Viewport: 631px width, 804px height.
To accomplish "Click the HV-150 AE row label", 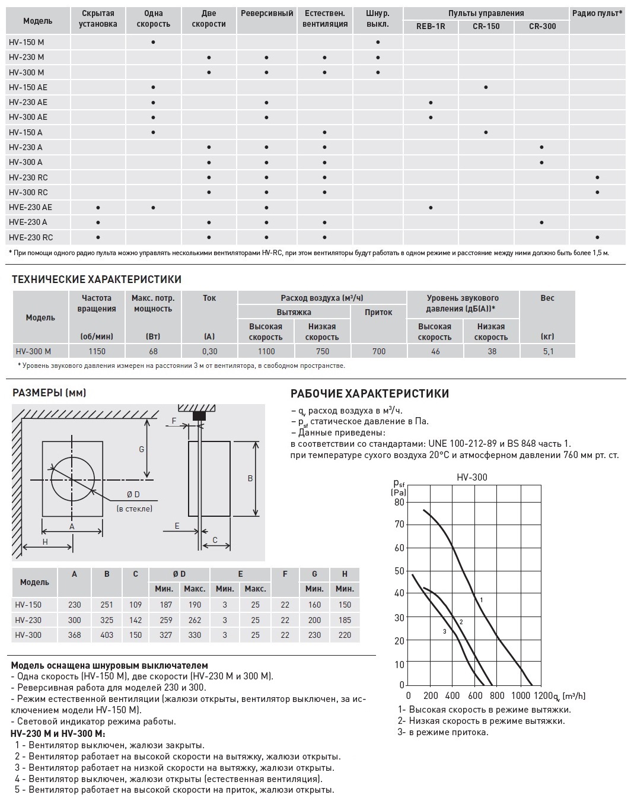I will coord(28,87).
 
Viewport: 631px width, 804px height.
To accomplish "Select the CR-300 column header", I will coord(541,26).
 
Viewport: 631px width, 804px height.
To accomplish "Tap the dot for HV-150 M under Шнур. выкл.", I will coord(378,42).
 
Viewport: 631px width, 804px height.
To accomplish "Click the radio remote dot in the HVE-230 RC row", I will coord(597,237).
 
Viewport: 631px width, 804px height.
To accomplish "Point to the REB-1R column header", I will coord(431,26).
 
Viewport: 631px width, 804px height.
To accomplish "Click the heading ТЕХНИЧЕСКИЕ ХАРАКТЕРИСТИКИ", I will coord(97,279).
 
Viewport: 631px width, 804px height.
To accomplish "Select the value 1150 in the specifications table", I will coord(97,351).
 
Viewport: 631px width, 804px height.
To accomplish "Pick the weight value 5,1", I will coord(547,351).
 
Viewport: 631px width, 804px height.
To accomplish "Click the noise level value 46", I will coord(435,351).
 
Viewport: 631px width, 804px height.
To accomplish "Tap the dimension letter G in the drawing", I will coord(142,449).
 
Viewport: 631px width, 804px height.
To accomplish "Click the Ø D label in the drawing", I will coord(133,495).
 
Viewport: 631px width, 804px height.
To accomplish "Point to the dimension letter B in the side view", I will coord(250,478).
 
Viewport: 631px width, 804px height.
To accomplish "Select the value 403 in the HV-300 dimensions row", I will coord(107,635).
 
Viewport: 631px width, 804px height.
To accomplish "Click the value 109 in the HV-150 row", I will coord(136,605).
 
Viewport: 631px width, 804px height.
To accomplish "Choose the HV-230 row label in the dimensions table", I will coord(28,620).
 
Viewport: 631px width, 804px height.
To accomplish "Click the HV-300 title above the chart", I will coord(472,477).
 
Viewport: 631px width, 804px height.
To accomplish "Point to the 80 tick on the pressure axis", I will coord(399,502).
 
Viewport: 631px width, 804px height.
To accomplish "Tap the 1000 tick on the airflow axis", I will coord(521,695).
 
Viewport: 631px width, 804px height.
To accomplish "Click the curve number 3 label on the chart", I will coord(444,631).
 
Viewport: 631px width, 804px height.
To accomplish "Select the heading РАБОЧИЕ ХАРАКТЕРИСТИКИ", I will coord(369,394).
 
